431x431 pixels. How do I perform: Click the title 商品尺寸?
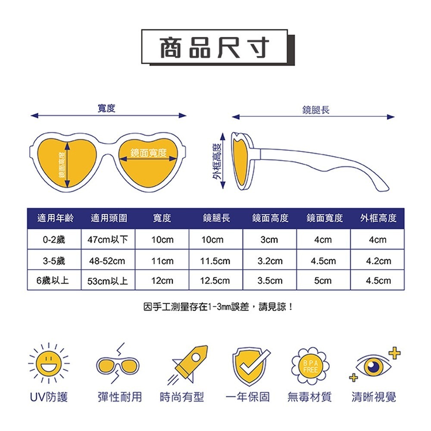214,47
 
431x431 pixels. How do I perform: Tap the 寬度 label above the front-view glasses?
106,108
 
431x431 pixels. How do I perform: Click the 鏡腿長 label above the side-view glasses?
316,110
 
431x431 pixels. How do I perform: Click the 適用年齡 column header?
56,218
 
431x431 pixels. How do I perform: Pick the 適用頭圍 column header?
109,218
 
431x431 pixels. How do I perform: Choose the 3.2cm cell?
270,261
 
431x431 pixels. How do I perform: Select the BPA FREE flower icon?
310,365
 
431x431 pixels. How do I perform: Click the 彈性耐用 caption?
119,397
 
